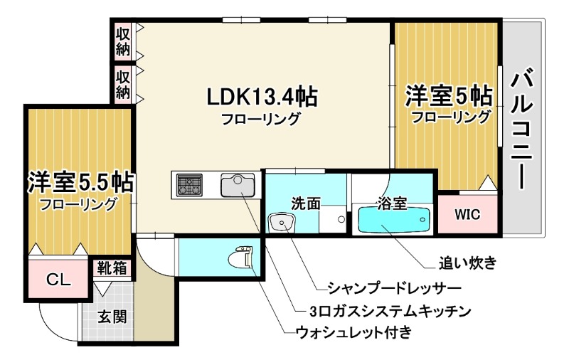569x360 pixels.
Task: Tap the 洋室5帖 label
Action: (449, 95)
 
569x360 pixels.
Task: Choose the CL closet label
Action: (58, 280)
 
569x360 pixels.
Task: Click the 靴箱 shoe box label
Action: (112, 268)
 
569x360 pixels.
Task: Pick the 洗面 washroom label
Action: (307, 203)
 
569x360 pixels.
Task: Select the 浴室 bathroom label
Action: (393, 203)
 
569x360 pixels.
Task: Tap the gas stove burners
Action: (190, 186)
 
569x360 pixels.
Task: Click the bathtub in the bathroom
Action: (393, 221)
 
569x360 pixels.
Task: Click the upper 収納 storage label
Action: (123, 42)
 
